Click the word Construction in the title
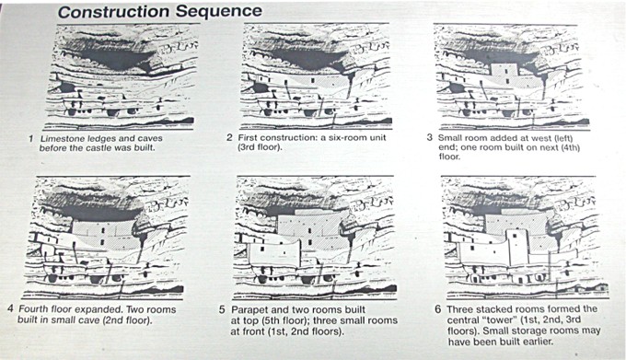tap(114, 12)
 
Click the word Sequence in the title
tap(219, 11)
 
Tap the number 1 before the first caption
tap(30, 139)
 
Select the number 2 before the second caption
tap(229, 138)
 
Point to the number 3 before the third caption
tap(429, 138)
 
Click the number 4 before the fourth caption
tap(10, 309)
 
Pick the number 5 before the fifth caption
tap(222, 310)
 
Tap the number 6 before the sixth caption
tap(438, 309)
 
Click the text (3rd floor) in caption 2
tap(260, 147)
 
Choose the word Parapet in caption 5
tap(249, 310)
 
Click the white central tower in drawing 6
tap(517, 247)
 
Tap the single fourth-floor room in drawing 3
tap(504, 73)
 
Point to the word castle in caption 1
tap(102, 148)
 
